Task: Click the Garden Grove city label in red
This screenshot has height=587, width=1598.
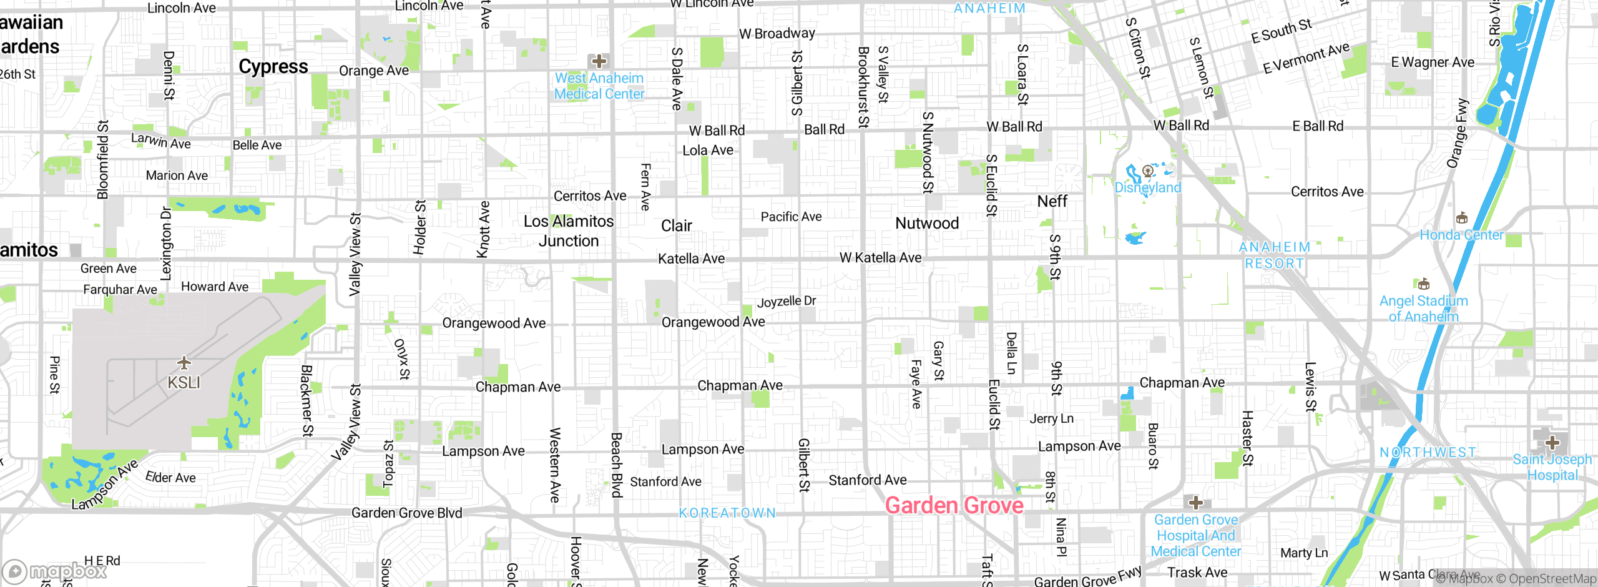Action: [x=954, y=505]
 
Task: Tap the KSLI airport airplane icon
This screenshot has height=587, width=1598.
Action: [x=184, y=363]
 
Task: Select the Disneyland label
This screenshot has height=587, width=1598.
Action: [x=1147, y=187]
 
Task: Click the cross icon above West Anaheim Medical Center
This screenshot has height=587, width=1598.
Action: [x=599, y=61]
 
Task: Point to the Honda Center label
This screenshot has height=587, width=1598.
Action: [x=1461, y=235]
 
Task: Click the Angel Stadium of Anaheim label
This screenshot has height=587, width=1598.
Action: [x=1423, y=308]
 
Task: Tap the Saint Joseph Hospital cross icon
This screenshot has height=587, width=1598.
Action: [x=1552, y=443]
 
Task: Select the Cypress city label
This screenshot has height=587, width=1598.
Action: [x=273, y=67]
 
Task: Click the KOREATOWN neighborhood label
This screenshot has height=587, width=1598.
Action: [x=727, y=513]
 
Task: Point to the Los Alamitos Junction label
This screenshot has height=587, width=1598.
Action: [x=569, y=231]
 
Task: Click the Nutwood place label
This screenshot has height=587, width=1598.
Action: [x=927, y=223]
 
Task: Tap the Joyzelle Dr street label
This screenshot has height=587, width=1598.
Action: [x=787, y=302]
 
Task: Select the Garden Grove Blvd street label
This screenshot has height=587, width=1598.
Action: [x=406, y=513]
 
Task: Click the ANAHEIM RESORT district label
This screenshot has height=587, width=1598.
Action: [x=1275, y=255]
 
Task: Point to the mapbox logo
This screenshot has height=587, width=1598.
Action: [x=55, y=571]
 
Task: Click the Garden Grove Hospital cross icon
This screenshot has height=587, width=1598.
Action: [x=1195, y=503]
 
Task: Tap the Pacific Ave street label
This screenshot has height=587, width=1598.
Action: [x=791, y=217]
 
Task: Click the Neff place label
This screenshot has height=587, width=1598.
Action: [x=1052, y=201]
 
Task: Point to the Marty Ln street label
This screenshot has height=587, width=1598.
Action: [x=1304, y=553]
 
